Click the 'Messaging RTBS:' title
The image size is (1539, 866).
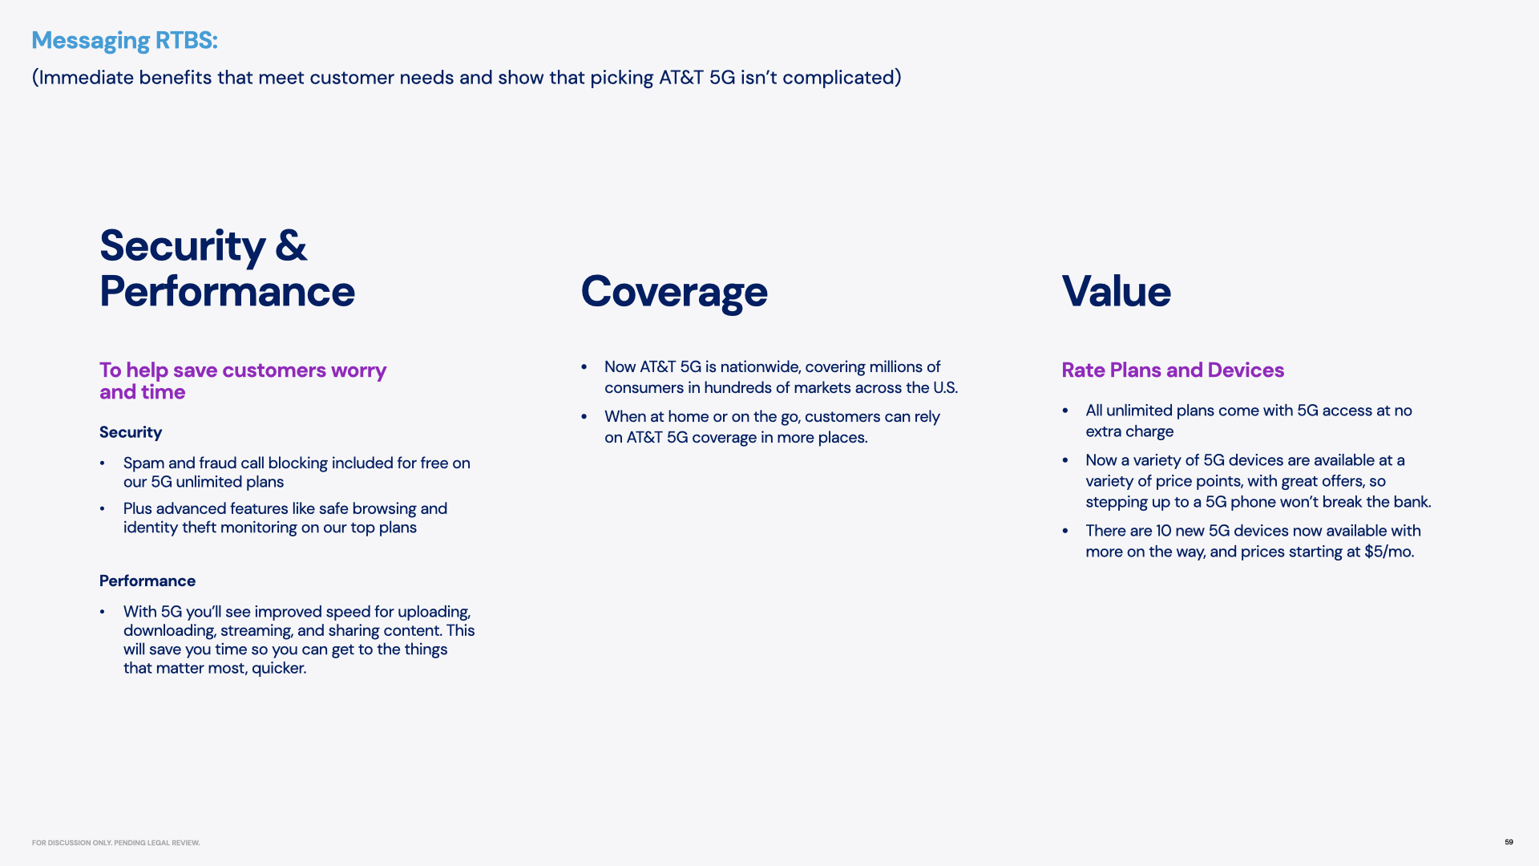(124, 40)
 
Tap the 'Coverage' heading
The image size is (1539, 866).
(674, 291)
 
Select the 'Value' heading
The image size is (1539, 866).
(1116, 291)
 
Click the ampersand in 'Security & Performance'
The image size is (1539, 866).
(291, 245)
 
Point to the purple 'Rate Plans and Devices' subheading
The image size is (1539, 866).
(1173, 370)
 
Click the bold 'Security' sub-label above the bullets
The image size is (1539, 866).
(131, 432)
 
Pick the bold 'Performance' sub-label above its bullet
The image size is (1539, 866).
(147, 581)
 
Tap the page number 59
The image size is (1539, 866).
(1509, 842)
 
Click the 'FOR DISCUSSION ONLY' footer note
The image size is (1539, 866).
(116, 843)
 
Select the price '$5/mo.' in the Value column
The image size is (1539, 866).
(1389, 552)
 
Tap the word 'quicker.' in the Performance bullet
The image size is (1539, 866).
(279, 668)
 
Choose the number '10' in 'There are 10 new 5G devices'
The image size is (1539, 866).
(1163, 531)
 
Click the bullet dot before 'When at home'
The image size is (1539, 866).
(584, 416)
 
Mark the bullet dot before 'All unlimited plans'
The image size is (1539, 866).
(1065, 411)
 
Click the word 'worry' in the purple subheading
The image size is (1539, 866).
(358, 370)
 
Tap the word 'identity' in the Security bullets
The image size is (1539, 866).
(150, 528)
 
